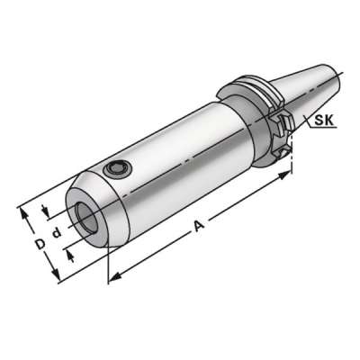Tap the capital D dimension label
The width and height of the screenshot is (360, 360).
click(40, 245)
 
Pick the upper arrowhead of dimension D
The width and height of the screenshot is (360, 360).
click(20, 211)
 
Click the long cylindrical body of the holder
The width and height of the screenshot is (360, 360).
click(180, 162)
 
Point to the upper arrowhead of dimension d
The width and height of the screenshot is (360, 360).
click(45, 211)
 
